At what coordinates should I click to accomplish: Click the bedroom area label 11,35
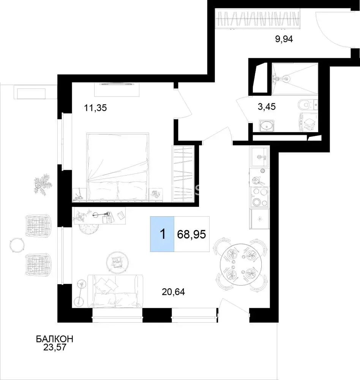tap(95, 108)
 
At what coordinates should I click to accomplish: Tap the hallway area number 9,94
tap(284, 39)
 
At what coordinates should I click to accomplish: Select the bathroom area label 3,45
tap(267, 106)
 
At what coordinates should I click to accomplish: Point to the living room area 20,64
tap(173, 292)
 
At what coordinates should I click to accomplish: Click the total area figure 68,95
tap(191, 234)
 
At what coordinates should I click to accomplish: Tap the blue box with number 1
tap(162, 234)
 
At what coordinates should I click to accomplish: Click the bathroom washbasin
tap(267, 126)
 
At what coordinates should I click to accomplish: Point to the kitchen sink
tap(260, 157)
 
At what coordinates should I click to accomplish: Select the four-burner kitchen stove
tap(260, 197)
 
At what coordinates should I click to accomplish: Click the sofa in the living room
tap(115, 291)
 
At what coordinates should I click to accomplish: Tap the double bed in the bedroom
tap(118, 167)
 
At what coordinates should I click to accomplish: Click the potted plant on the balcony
tap(43, 184)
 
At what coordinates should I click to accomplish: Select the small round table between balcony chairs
tap(17, 245)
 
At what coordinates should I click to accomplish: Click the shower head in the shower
tap(287, 78)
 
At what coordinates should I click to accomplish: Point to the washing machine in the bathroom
tap(309, 122)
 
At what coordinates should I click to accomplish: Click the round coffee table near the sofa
tap(117, 263)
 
